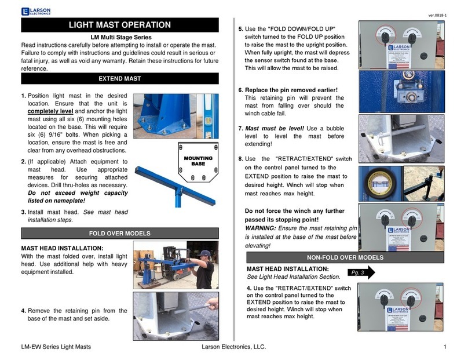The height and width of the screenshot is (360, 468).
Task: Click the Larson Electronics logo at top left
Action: (x=35, y=10)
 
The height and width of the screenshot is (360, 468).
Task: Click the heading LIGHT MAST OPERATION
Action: (x=119, y=25)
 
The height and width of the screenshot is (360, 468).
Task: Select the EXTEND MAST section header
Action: (x=119, y=78)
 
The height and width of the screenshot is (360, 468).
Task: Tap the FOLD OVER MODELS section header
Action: (x=119, y=234)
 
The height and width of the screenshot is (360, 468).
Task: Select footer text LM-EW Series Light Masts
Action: (x=56, y=347)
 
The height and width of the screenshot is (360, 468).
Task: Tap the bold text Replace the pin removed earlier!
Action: (x=291, y=90)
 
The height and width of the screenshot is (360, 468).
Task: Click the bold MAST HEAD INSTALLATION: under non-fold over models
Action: (x=288, y=269)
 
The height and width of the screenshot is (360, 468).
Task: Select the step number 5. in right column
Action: (x=241, y=29)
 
